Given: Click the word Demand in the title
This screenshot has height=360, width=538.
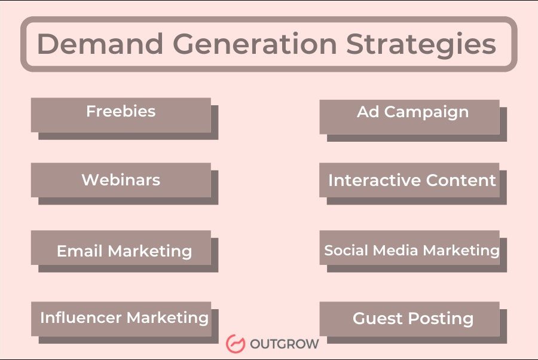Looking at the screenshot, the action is pyautogui.click(x=100, y=44).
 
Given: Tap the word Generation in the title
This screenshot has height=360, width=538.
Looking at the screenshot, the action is pyautogui.click(x=255, y=44).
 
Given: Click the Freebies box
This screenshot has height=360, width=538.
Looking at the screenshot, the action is pyautogui.click(x=121, y=115).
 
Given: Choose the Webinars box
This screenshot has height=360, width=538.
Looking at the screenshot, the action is pyautogui.click(x=121, y=180).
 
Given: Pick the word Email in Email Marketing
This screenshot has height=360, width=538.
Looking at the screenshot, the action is pyautogui.click(x=80, y=251).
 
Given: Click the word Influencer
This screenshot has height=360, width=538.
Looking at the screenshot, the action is pyautogui.click(x=81, y=318).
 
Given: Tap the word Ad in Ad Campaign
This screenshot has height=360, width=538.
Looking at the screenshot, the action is pyautogui.click(x=368, y=112).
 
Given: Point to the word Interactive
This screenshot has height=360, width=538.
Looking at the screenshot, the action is pyautogui.click(x=375, y=180).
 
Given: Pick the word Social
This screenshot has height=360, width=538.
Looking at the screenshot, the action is pyautogui.click(x=346, y=250).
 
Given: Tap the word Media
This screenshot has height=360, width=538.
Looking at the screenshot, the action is pyautogui.click(x=395, y=250).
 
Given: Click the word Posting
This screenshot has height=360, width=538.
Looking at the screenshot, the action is pyautogui.click(x=441, y=319).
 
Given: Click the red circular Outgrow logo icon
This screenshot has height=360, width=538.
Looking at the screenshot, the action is pyautogui.click(x=236, y=343).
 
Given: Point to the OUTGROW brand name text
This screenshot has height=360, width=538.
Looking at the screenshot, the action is pyautogui.click(x=284, y=344).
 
